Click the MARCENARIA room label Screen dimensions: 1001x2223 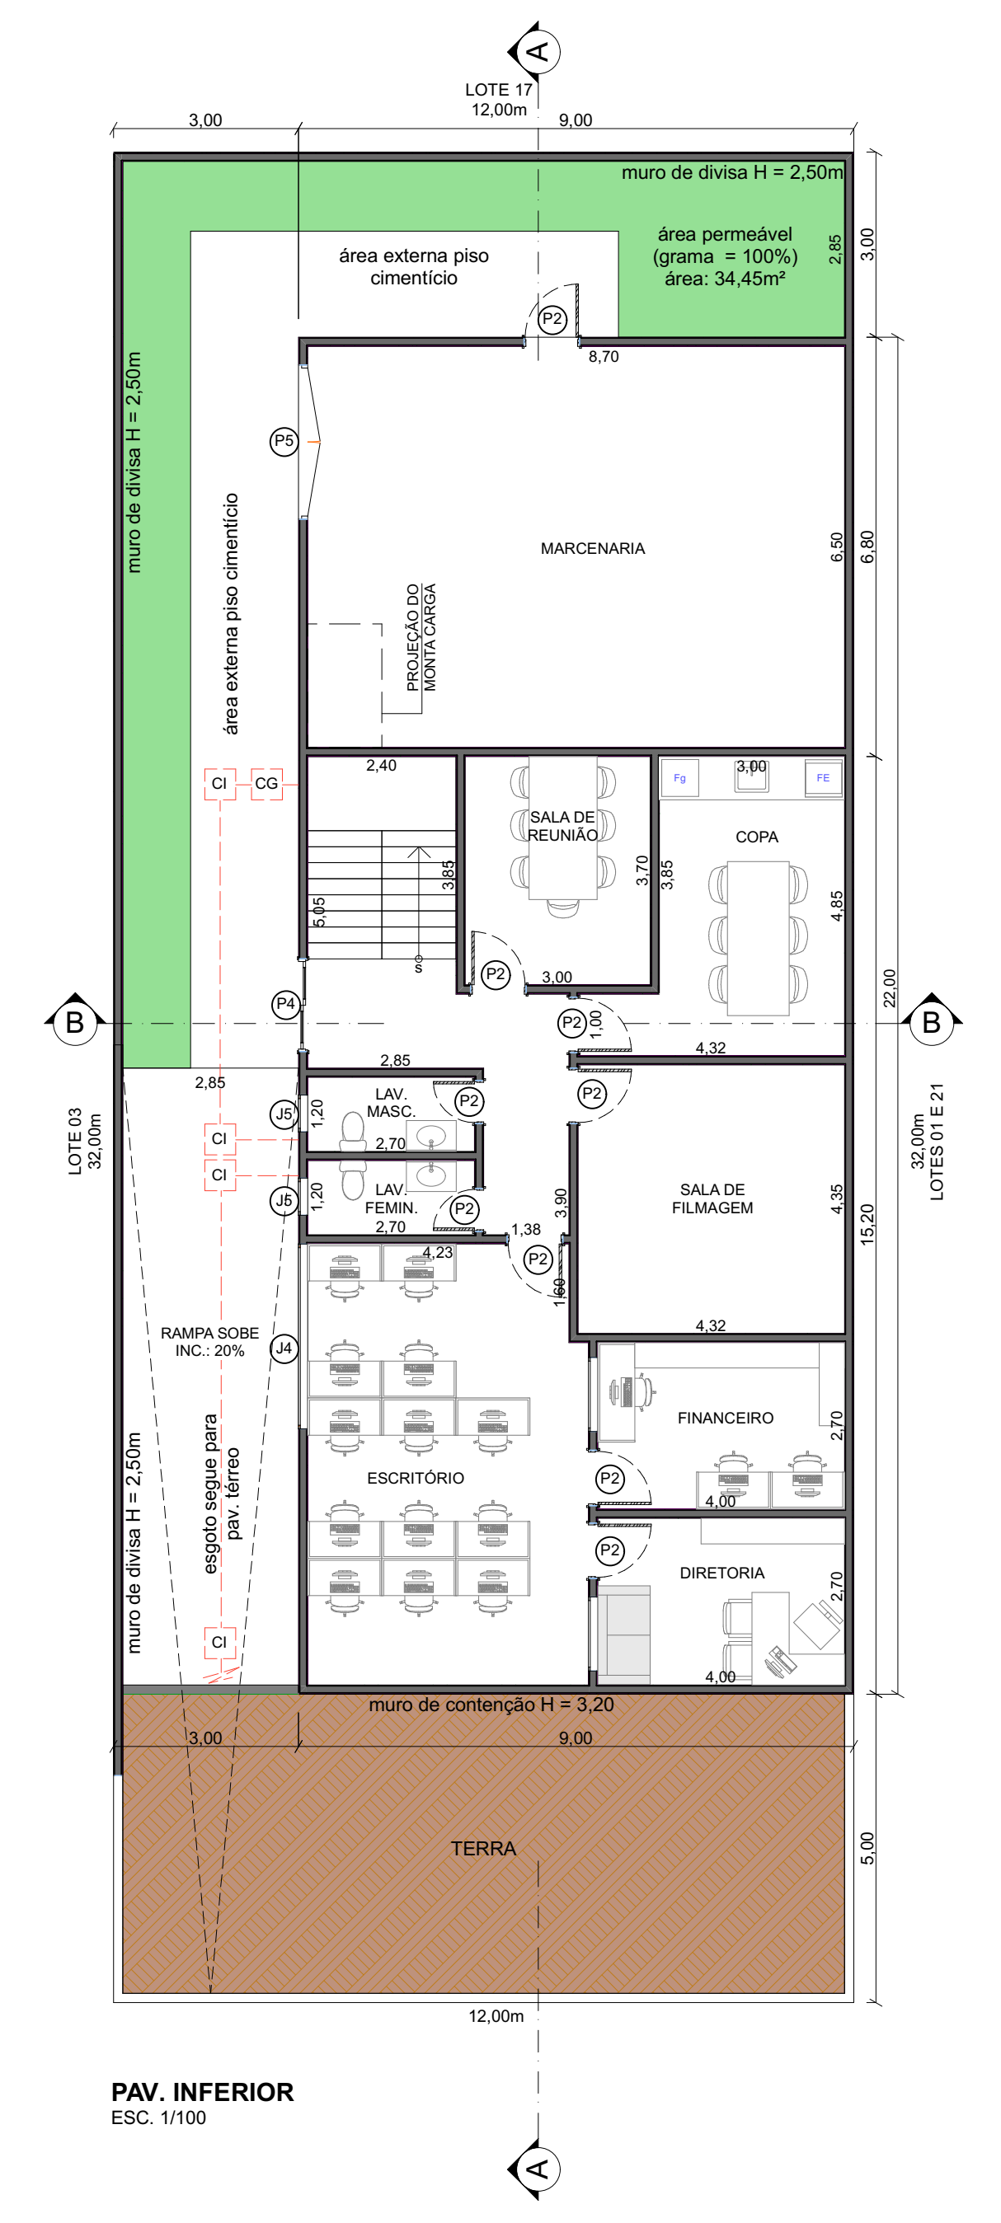coord(593,549)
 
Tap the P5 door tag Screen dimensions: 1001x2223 coord(284,441)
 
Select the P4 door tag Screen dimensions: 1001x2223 coord(285,1005)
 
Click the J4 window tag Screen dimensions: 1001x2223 coord(284,1348)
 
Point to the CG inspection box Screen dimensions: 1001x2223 coord(266,784)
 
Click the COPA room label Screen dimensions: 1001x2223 coord(757,837)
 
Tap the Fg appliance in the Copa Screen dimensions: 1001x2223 coord(680,778)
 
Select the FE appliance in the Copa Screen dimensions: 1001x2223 coord(823,778)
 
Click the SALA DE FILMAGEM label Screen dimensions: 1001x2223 coord(712,1198)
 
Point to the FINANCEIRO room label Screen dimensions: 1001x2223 coord(726,1418)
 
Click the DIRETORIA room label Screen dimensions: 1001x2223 coord(722,1573)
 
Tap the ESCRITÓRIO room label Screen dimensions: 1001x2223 coord(416,1478)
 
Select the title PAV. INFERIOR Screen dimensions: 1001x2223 coord(203,2092)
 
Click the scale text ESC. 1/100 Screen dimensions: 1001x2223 coord(159,2117)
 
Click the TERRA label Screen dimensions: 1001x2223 coord(483,1849)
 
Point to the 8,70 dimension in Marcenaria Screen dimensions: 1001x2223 coord(604,356)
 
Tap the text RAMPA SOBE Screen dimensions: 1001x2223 coord(209,1334)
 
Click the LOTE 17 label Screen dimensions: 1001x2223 coord(499,90)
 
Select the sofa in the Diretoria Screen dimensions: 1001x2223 coord(623,1634)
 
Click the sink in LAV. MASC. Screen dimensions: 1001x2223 coord(431,1136)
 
